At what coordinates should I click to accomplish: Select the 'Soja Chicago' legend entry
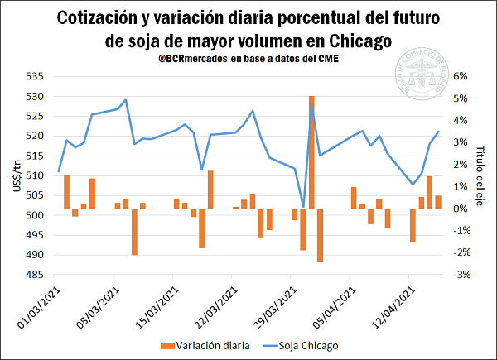tap(308, 344)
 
